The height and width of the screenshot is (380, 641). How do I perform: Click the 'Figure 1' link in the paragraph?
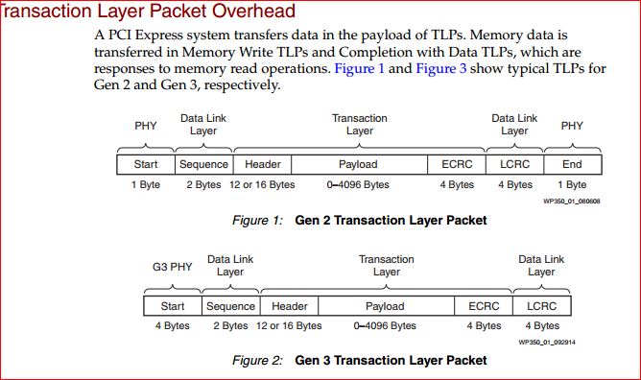[x=359, y=69]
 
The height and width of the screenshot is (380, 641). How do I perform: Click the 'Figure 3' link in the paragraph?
[x=440, y=69]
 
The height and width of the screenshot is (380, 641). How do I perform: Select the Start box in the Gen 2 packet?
[x=146, y=164]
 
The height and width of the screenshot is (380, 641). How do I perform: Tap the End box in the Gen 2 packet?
[x=572, y=164]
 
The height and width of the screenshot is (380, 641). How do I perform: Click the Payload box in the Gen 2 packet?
[x=358, y=164]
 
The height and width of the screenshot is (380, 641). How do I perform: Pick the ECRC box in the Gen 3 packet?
[x=484, y=306]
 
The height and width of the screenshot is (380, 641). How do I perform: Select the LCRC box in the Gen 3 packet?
[x=541, y=306]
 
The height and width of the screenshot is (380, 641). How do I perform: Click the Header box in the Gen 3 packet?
[x=289, y=306]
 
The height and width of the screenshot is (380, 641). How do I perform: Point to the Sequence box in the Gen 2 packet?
[x=203, y=164]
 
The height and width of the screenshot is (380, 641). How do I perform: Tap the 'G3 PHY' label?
[x=173, y=266]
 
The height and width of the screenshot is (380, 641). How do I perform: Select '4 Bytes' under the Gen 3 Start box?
[x=173, y=325]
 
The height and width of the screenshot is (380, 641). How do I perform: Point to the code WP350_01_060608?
[x=571, y=201]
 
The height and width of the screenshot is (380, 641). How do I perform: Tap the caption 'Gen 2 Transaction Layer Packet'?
[x=391, y=221]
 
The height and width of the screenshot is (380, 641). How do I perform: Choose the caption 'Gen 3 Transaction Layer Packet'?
[x=391, y=361]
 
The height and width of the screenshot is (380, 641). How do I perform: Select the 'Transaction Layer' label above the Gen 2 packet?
[x=359, y=124]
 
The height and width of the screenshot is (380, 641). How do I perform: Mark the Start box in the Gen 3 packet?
[x=173, y=306]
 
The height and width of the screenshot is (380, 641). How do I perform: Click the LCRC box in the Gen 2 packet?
[x=514, y=164]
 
